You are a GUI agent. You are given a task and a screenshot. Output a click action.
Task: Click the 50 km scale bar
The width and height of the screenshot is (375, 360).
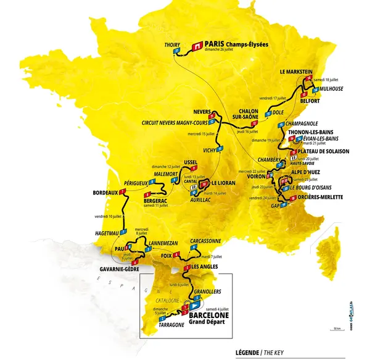336,329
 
